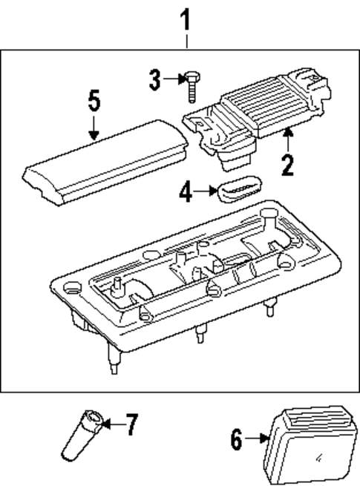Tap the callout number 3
tap(154, 79)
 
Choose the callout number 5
tap(93, 101)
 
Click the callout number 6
tap(236, 440)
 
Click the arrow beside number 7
tap(110, 424)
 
